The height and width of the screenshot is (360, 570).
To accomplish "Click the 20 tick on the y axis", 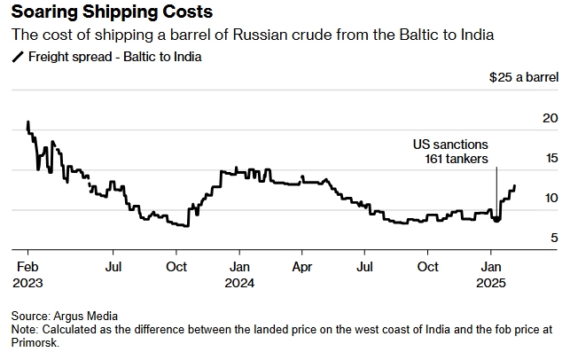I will (550, 119).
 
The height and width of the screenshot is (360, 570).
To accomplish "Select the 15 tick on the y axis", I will (550, 159).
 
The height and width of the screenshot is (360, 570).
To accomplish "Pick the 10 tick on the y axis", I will (550, 198).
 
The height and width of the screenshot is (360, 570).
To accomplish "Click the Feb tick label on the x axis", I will (27, 267).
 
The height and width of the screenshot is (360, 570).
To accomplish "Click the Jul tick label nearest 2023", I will (113, 267).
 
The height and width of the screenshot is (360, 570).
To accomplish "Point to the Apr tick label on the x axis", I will (303, 267).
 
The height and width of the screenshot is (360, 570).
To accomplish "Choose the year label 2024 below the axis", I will (240, 283).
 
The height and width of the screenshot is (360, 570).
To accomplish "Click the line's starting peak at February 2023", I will (27, 122).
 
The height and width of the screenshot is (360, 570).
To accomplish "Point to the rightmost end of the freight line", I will (515, 186).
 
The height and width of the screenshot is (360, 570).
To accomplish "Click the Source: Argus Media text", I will (65, 316).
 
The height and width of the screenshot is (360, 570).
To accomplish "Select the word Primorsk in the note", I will (34, 342).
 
